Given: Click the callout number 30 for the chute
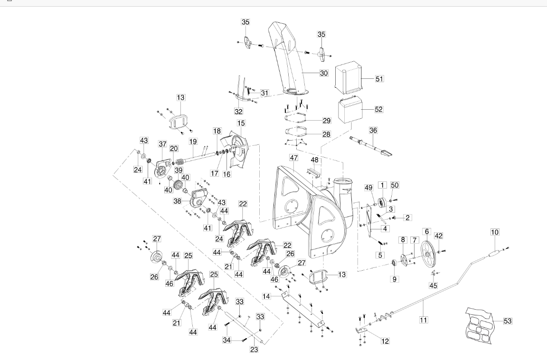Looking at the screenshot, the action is point(324,73).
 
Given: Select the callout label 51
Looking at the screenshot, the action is point(379,78).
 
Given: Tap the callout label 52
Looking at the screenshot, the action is point(378,109).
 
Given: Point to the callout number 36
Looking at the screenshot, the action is point(373,130).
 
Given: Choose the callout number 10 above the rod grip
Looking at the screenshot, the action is point(495,232).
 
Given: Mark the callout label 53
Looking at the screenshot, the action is point(508,321).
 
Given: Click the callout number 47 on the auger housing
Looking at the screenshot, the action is point(294,158).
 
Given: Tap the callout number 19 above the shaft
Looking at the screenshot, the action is point(193,141).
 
